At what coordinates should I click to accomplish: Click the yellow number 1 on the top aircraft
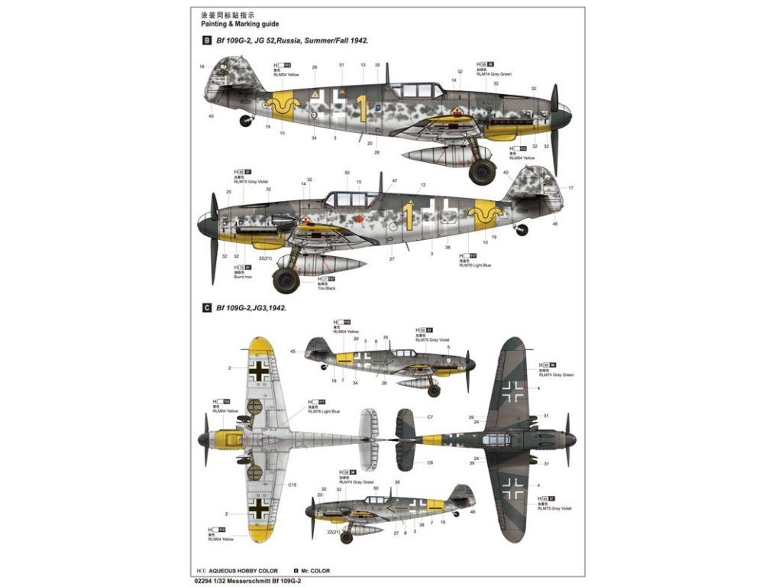(x=362, y=109)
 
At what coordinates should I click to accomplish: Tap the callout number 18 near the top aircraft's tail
(x=202, y=67)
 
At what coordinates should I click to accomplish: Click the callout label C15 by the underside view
(x=292, y=485)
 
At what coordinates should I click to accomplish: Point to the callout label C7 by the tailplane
(x=430, y=417)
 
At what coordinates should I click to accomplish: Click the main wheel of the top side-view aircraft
(x=483, y=171)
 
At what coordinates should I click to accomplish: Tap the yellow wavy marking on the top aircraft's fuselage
(x=286, y=107)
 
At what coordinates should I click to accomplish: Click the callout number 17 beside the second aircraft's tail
(x=570, y=188)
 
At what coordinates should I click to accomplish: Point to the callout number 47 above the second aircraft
(x=395, y=181)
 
